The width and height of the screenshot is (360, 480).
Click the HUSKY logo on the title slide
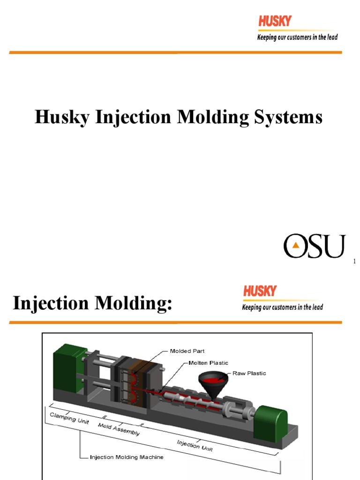[274, 21]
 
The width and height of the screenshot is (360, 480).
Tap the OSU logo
[314, 246]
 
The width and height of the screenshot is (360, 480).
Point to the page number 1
[355, 262]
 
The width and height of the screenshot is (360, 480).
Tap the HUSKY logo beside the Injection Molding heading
[260, 291]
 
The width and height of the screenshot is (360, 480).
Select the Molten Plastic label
[209, 362]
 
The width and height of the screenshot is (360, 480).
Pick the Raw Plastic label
[249, 374]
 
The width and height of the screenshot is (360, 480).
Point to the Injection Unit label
[195, 445]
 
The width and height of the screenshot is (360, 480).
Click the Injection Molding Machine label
[126, 457]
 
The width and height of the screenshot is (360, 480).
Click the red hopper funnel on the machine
[210, 381]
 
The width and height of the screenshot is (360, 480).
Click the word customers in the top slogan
[296, 37]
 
